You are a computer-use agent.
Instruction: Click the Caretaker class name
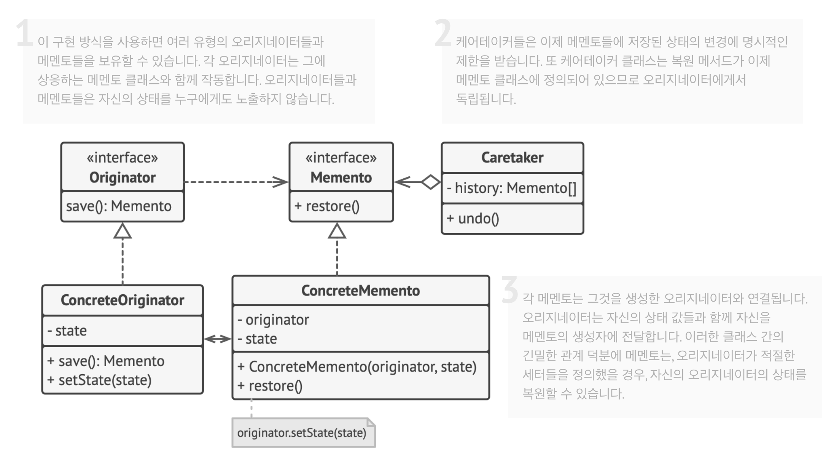(x=512, y=157)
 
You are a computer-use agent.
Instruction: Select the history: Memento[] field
(x=512, y=188)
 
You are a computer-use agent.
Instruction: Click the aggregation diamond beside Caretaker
(x=431, y=182)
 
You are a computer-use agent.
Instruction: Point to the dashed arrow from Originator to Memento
(x=236, y=182)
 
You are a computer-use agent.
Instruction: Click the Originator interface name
(x=123, y=178)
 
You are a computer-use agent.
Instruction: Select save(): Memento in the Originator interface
(x=119, y=206)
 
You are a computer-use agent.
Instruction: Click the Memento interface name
(x=341, y=178)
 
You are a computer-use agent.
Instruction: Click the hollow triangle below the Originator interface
(x=123, y=231)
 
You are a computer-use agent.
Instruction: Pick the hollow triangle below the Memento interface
(x=337, y=231)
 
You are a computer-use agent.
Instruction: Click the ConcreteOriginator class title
(x=123, y=300)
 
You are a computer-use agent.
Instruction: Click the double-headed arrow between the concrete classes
(x=218, y=338)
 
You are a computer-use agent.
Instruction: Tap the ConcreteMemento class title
(x=361, y=291)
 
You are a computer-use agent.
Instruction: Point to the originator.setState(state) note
(x=304, y=433)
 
